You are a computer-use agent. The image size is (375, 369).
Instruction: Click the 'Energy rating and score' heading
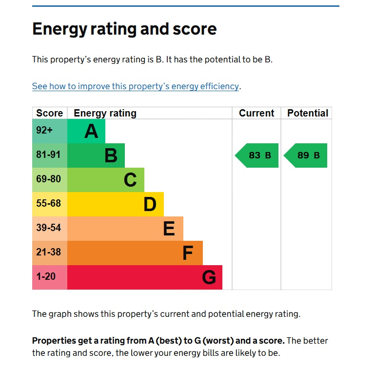click(x=124, y=29)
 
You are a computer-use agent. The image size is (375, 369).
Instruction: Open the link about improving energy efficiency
click(x=136, y=86)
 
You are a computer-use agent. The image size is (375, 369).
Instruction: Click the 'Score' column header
click(x=49, y=113)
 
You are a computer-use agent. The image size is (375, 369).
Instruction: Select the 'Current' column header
click(x=257, y=113)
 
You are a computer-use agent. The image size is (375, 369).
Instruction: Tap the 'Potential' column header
click(x=307, y=113)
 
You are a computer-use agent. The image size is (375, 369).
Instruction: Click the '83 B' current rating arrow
click(x=257, y=155)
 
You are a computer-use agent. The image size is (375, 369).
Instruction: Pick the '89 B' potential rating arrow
click(x=306, y=155)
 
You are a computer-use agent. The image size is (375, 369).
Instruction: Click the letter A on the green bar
click(x=91, y=131)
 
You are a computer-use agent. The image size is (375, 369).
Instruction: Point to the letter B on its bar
click(x=111, y=155)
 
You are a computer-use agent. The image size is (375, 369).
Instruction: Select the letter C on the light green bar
click(x=130, y=180)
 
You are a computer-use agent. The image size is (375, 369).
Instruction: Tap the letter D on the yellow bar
click(x=150, y=204)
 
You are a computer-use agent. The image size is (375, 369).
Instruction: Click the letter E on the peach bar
click(x=169, y=229)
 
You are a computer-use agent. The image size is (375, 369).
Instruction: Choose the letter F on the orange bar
click(x=188, y=253)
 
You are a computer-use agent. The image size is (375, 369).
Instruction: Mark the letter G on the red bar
click(x=209, y=277)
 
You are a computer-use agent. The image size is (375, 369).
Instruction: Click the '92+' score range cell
click(x=44, y=130)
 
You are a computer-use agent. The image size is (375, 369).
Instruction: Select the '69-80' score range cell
click(x=48, y=179)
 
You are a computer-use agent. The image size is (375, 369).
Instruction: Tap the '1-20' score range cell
click(x=46, y=276)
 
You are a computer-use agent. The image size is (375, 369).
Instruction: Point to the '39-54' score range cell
click(x=48, y=228)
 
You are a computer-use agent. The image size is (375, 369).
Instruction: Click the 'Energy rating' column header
click(x=105, y=113)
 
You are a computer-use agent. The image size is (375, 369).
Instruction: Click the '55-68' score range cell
click(x=48, y=203)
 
